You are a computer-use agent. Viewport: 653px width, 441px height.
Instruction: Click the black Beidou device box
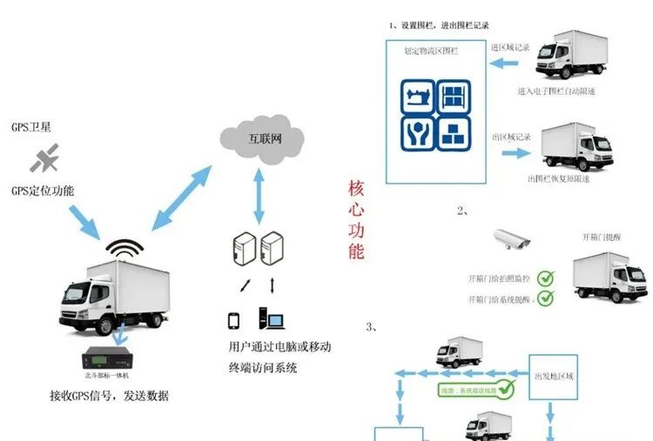point(111,357)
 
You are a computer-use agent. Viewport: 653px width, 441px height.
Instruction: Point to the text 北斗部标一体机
point(107,376)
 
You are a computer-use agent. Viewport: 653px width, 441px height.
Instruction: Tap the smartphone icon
point(233,321)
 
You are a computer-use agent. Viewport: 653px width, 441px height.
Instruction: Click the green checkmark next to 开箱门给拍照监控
point(545,279)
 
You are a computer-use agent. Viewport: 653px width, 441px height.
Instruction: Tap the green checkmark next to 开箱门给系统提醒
point(545,298)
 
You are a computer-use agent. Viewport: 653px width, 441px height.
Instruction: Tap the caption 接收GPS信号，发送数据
point(109,396)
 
